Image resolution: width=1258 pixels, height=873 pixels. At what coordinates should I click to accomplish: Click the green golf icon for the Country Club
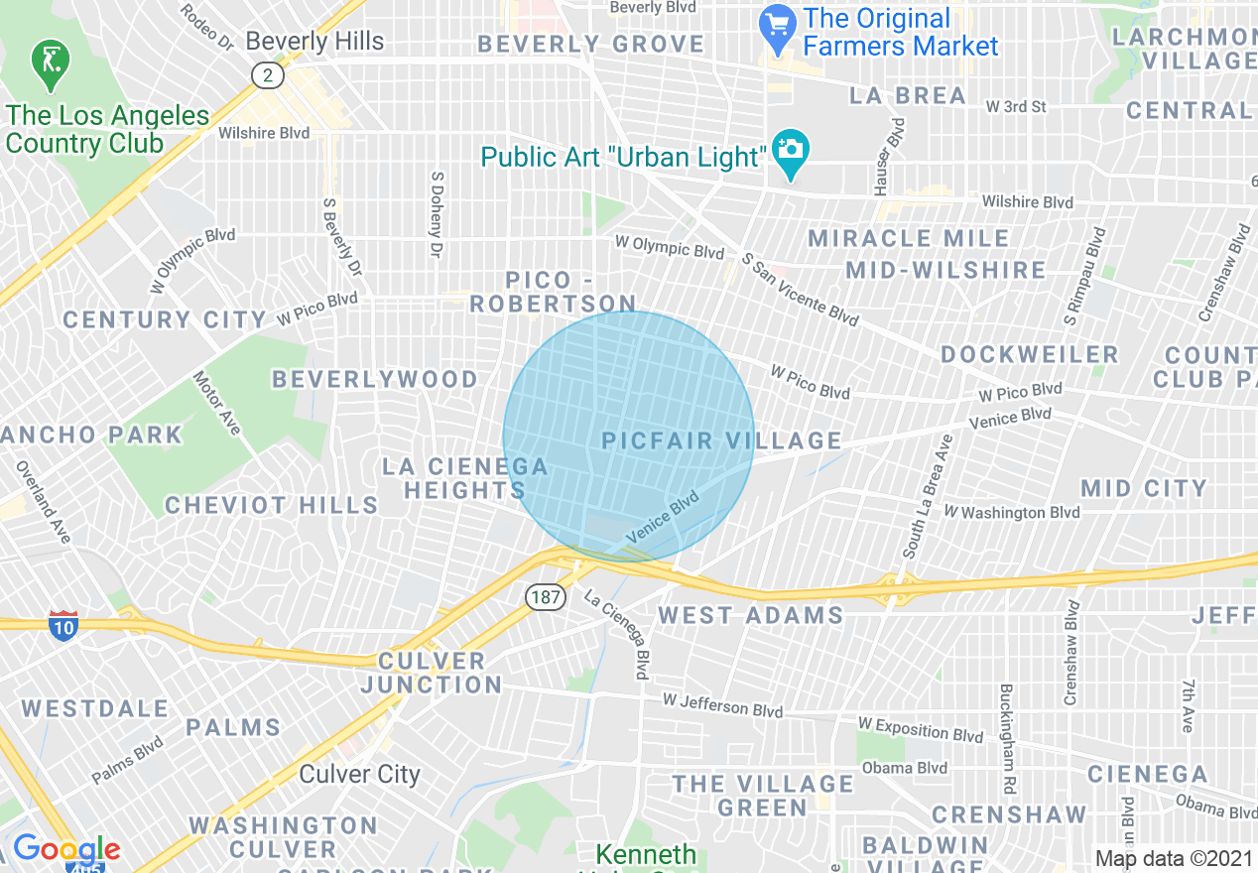[x=46, y=62]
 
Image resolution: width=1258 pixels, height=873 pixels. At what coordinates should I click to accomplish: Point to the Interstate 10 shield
[x=63, y=624]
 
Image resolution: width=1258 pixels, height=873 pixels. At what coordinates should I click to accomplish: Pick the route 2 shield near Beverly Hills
[x=267, y=75]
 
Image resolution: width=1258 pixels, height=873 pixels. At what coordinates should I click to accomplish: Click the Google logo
[x=65, y=849]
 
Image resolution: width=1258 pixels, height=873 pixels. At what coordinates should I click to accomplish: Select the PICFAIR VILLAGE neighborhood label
[x=721, y=440]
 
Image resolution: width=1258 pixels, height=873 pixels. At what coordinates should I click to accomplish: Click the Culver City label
[x=360, y=774]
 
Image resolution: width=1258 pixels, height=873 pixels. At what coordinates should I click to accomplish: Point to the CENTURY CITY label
[x=165, y=319]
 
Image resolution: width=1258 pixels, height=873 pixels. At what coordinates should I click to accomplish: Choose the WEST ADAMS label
[x=751, y=615]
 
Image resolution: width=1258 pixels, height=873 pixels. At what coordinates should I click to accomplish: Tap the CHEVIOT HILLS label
[x=271, y=505]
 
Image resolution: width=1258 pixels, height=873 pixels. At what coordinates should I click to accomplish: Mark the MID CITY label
[x=1144, y=488]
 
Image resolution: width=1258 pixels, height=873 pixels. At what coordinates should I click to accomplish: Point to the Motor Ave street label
[x=217, y=403]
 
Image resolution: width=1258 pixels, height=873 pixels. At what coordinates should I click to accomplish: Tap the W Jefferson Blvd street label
[x=722, y=705]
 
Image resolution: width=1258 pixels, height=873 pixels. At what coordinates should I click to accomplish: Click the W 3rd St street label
[x=1016, y=106]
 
